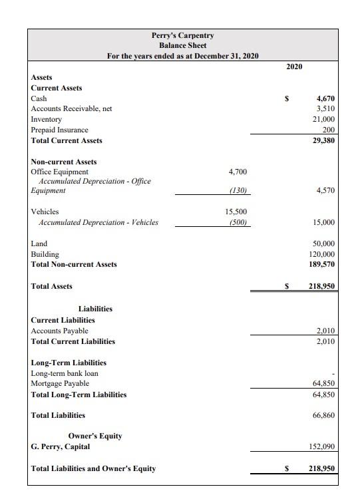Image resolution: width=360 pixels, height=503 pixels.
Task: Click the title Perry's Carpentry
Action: (x=182, y=35)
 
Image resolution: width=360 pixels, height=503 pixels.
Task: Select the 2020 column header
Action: (x=294, y=67)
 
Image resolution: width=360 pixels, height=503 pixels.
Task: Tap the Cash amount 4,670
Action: (x=325, y=98)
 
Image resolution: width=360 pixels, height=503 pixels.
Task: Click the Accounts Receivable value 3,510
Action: (x=325, y=108)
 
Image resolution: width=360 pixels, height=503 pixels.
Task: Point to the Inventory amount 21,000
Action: (x=323, y=119)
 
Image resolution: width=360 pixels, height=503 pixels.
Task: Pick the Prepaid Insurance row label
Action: (x=60, y=130)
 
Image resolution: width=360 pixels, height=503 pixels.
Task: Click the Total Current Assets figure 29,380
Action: (x=323, y=140)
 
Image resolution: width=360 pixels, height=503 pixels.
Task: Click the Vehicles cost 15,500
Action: (x=237, y=212)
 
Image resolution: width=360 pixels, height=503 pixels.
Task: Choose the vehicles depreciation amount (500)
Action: (x=238, y=222)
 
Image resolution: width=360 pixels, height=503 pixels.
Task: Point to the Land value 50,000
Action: (x=323, y=244)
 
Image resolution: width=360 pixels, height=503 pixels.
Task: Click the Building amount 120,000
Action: (x=321, y=254)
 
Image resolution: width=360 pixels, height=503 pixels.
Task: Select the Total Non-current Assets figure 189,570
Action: (x=321, y=264)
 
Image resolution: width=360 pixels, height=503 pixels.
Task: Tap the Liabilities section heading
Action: (x=95, y=309)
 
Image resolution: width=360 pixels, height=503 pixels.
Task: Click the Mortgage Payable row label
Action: (x=60, y=384)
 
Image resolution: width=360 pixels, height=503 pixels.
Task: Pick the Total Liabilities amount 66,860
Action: (x=323, y=415)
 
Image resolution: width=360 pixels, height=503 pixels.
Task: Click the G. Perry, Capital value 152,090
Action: (x=321, y=446)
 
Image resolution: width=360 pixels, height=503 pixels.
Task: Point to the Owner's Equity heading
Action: (x=95, y=436)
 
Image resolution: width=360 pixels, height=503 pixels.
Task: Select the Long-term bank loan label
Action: (x=65, y=373)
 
